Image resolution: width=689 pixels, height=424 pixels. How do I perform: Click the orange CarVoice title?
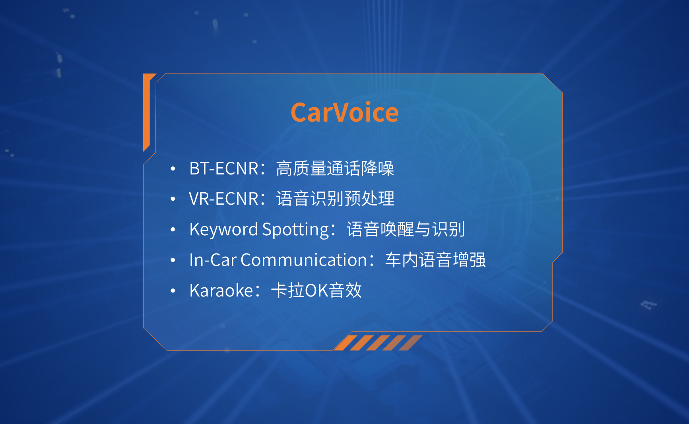click(344, 112)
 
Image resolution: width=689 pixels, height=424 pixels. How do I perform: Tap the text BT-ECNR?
click(224, 168)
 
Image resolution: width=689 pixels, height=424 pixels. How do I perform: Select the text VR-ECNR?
click(224, 199)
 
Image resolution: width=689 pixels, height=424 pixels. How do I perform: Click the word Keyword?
click(224, 230)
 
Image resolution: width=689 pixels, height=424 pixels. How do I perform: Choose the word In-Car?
click(213, 260)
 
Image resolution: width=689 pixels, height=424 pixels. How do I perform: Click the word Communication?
click(304, 260)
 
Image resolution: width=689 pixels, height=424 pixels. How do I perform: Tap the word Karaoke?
click(221, 290)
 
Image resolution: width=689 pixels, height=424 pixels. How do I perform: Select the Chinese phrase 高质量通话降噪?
click(335, 168)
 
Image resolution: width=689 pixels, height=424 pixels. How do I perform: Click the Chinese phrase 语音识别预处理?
click(335, 199)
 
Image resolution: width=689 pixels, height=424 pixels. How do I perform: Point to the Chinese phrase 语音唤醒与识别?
click(406, 229)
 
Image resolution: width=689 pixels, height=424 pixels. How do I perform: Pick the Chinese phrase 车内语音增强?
click(435, 260)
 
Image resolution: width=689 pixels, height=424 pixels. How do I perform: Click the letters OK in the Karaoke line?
click(316, 290)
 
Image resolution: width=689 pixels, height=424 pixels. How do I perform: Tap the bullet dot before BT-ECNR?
click(173, 169)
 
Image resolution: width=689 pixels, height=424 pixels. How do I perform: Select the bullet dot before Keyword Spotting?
click(173, 230)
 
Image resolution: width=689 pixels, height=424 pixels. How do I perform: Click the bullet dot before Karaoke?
click(173, 291)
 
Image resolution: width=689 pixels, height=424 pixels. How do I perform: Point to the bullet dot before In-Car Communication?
click(173, 260)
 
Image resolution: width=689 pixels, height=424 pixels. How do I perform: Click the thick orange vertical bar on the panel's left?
click(146, 112)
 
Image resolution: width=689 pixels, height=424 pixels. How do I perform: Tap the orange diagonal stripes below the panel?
click(378, 343)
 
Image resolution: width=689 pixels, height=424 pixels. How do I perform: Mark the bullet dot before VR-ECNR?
click(173, 199)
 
